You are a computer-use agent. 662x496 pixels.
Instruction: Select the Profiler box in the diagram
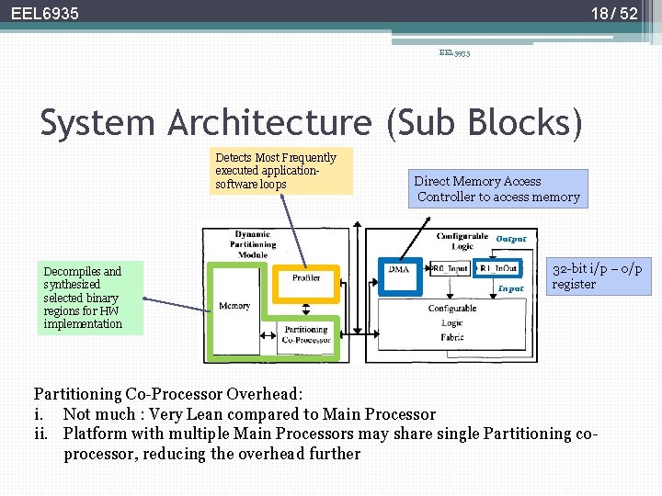coord(306,277)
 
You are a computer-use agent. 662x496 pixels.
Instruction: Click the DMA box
coord(398,269)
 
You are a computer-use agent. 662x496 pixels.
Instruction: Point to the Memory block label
coord(234,306)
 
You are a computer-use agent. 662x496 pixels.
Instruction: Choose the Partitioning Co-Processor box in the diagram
coord(306,334)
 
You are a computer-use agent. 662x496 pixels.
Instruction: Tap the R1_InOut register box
coord(498,269)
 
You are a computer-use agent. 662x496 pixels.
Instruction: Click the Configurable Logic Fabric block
coord(451,322)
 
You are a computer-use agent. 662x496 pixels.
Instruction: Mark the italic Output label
coord(511,239)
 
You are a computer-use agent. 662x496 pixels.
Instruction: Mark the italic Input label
coord(510,288)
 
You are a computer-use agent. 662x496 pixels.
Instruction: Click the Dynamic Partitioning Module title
coord(253,244)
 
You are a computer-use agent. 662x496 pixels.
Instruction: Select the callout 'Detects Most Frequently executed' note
coord(281,171)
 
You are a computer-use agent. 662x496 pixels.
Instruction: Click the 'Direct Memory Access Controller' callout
coord(497,189)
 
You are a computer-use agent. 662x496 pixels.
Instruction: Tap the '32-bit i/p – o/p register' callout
coord(598,276)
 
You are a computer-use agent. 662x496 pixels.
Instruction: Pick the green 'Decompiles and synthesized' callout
coord(82,298)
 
